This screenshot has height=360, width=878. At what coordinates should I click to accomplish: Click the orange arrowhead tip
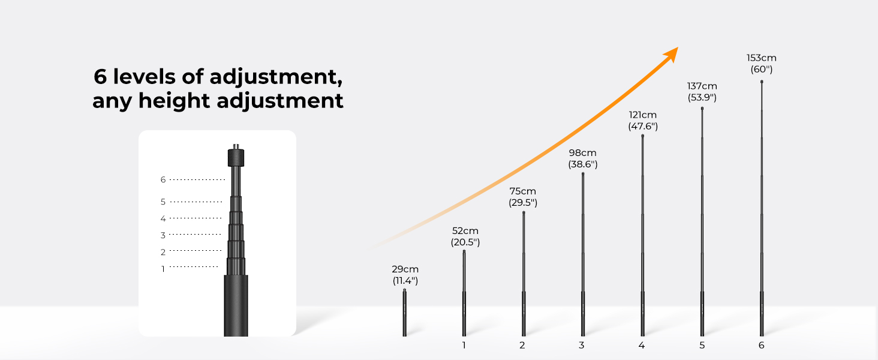point(678,47)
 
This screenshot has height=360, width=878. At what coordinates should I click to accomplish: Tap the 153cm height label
point(761,58)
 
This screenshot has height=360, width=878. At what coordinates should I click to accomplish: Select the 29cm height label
point(405,269)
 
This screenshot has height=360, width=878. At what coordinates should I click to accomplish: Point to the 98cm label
point(582,153)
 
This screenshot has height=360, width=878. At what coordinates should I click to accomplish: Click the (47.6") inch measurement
point(643,126)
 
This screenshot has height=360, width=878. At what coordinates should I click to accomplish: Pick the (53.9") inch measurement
point(702,97)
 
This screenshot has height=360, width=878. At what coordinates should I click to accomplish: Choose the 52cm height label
point(465,231)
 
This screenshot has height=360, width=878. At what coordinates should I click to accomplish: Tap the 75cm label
point(522,191)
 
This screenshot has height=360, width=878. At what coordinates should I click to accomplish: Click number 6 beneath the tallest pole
point(761,345)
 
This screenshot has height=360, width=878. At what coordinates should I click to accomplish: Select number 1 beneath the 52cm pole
point(464,345)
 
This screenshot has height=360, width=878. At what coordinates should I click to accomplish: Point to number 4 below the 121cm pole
point(641,345)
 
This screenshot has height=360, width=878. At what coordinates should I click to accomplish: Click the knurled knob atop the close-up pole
point(236,157)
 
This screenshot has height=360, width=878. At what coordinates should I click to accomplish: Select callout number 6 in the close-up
point(163,179)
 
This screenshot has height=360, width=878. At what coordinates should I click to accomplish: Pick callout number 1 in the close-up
point(163,269)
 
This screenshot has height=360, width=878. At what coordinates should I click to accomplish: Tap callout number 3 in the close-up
point(163,235)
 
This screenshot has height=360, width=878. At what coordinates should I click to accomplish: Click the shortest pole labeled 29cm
point(404,313)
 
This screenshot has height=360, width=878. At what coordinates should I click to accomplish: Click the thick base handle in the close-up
point(236,305)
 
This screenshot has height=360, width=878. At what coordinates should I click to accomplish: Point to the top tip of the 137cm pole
point(702,108)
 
